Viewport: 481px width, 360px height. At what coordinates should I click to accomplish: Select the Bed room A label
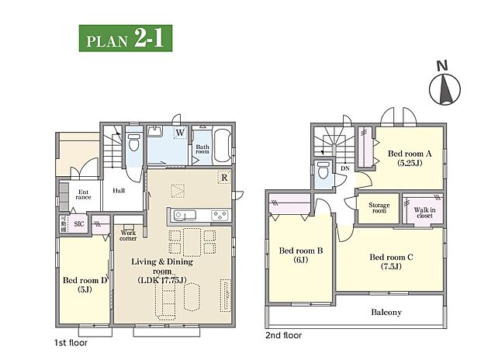[x=409, y=158]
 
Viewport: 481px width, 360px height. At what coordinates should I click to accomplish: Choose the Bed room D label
[x=84, y=285]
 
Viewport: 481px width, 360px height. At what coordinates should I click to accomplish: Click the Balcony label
[x=386, y=313]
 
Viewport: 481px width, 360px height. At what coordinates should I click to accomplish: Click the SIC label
[x=79, y=224]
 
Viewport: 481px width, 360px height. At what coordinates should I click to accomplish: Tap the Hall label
[x=119, y=190]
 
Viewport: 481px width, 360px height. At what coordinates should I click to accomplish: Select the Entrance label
[x=83, y=195]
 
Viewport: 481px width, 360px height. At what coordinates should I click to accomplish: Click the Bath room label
[x=202, y=149]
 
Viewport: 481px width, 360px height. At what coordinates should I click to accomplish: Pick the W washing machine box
[x=179, y=133]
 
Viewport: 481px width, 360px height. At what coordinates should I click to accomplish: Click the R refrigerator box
[x=223, y=176]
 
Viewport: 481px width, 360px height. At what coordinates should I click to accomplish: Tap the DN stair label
[x=344, y=168]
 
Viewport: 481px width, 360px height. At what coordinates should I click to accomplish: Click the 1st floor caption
[x=71, y=342]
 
